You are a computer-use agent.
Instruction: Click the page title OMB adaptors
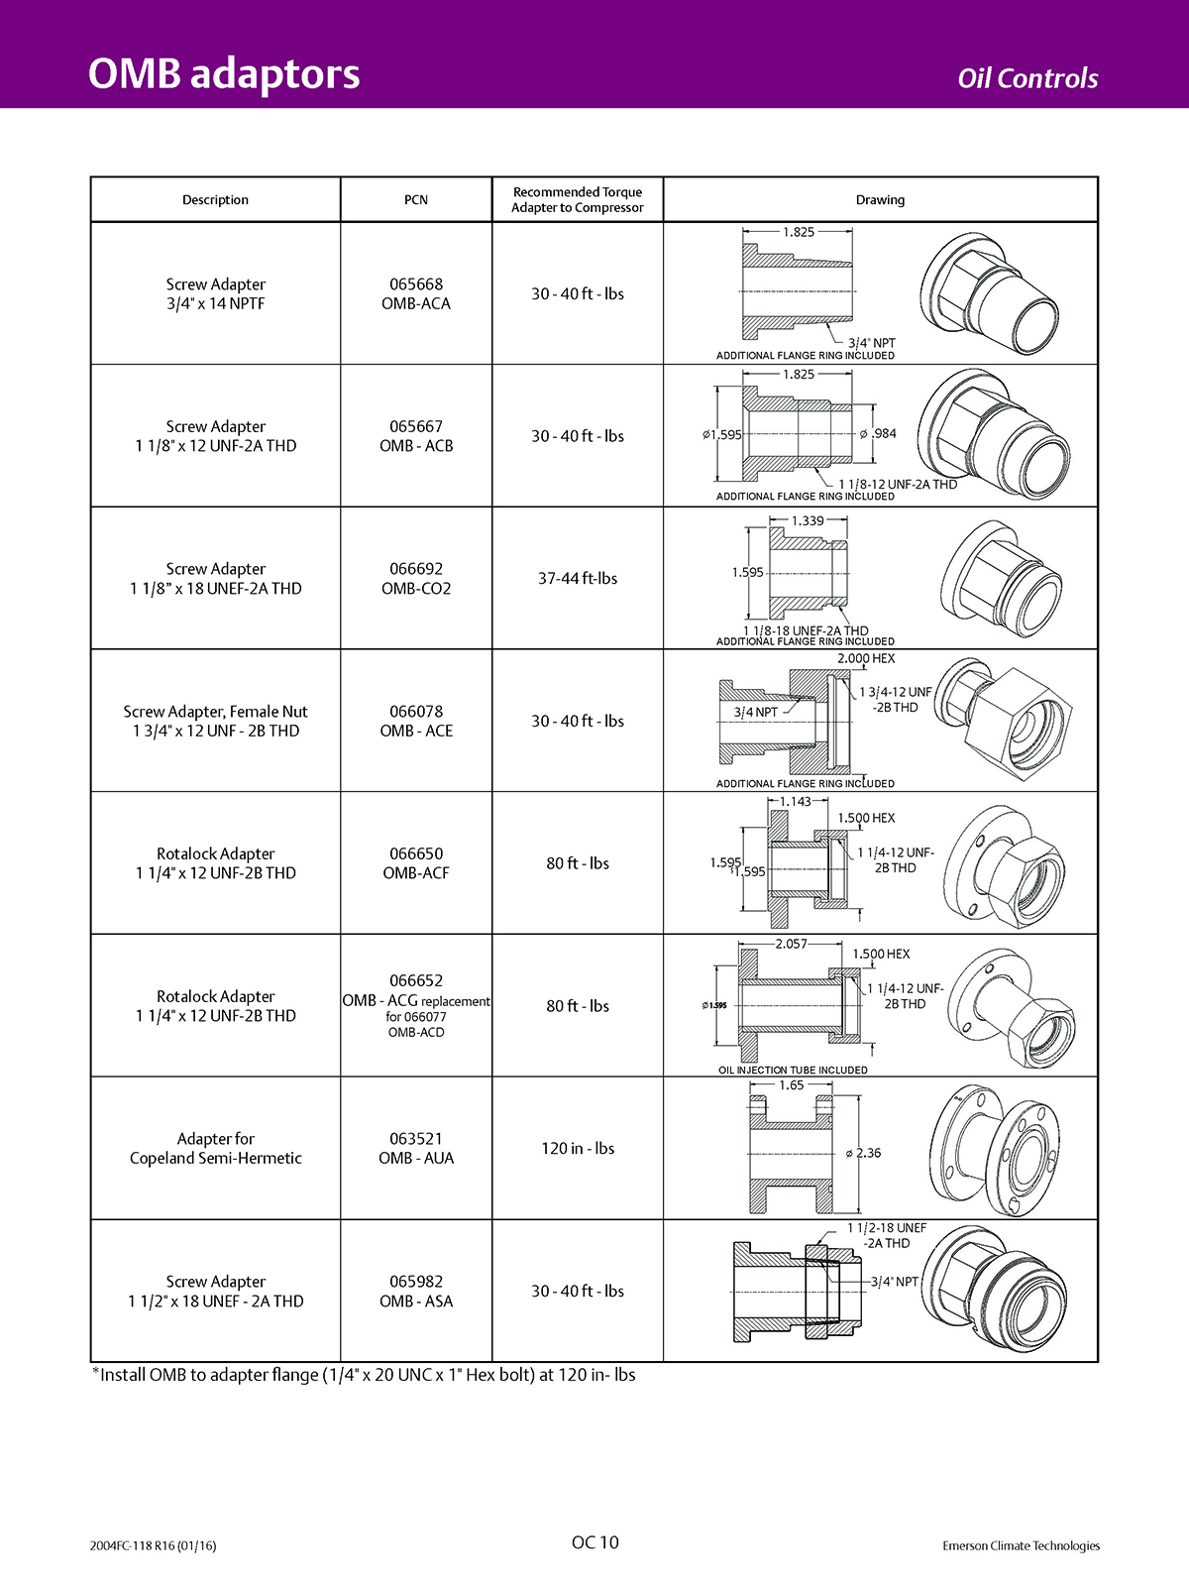[x=224, y=74]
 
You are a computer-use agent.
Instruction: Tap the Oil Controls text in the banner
[x=1027, y=78]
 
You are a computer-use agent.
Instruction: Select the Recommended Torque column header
[x=578, y=199]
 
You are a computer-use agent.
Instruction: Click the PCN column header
[x=416, y=199]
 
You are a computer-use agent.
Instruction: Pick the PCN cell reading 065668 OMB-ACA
[x=416, y=293]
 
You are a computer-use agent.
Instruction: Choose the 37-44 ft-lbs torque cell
[x=578, y=578]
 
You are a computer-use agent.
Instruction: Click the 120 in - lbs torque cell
[x=578, y=1148]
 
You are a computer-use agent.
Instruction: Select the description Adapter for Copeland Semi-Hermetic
[x=216, y=1148]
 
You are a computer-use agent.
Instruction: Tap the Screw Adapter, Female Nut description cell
[x=216, y=721]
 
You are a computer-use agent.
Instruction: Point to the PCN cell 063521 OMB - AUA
[x=416, y=1148]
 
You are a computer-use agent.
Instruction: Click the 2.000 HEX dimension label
[x=866, y=658]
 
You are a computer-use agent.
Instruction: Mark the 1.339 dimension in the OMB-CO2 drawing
[x=808, y=520]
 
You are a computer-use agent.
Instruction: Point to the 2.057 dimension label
[x=791, y=944]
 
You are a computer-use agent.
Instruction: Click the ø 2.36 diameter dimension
[x=864, y=1153]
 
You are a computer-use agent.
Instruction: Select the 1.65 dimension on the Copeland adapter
[x=792, y=1084]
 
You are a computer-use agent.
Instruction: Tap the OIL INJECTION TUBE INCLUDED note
[x=793, y=1070]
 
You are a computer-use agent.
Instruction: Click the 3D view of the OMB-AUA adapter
[x=996, y=1148]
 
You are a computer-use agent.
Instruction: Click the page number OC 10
[x=594, y=1541]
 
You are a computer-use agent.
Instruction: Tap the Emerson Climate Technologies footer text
[x=1021, y=1545]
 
